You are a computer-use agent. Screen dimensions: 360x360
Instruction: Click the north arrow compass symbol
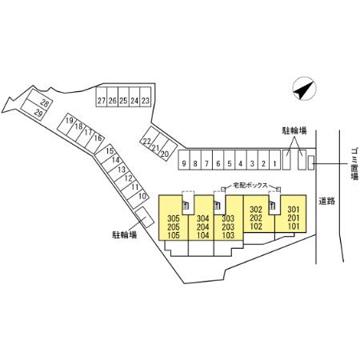pos(304,89)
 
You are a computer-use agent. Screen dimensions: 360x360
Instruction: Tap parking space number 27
pos(102,97)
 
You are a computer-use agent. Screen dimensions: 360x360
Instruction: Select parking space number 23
pos(145,97)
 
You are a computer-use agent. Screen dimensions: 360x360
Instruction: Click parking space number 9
pos(184,160)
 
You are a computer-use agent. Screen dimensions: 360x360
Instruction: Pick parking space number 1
pos(274,160)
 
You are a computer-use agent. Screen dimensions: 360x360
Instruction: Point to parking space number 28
pos(40,100)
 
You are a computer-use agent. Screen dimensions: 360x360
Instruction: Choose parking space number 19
pos(66,125)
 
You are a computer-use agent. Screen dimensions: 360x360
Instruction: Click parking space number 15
pos(106,154)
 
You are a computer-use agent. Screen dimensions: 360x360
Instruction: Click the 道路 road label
pos(327,202)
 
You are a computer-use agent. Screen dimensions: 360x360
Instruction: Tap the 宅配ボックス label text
pos(250,186)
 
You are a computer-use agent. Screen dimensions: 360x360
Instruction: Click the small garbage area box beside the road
pos(311,162)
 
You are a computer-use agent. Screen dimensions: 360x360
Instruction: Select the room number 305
pos(174,218)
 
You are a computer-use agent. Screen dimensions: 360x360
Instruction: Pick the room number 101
pos(294,226)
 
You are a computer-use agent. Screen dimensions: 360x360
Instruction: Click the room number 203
pos(228,227)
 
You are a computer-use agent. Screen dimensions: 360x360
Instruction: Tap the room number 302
pos(256,210)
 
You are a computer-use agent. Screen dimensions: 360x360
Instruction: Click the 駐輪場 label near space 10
pos(125,234)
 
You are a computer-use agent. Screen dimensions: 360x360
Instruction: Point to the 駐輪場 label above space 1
pos(294,130)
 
